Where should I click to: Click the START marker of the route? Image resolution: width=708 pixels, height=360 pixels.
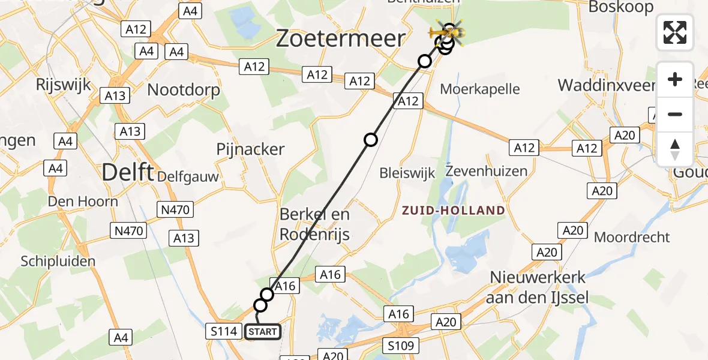[x=262, y=332]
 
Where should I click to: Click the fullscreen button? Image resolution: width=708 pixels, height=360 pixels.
[x=675, y=32]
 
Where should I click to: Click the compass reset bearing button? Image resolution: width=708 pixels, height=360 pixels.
[x=675, y=149]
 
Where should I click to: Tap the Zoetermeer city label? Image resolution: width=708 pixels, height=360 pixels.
[x=340, y=39]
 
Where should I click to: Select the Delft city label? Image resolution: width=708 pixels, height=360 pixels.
[x=127, y=173]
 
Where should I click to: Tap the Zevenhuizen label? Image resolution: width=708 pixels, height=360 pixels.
[x=487, y=171]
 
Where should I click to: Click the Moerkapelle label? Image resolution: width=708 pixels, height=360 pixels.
[x=480, y=89]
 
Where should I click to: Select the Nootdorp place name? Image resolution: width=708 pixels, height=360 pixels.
[x=184, y=90]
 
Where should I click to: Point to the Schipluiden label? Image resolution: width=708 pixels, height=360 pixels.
[x=58, y=261]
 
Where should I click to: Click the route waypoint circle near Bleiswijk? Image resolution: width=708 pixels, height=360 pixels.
[x=371, y=140]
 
